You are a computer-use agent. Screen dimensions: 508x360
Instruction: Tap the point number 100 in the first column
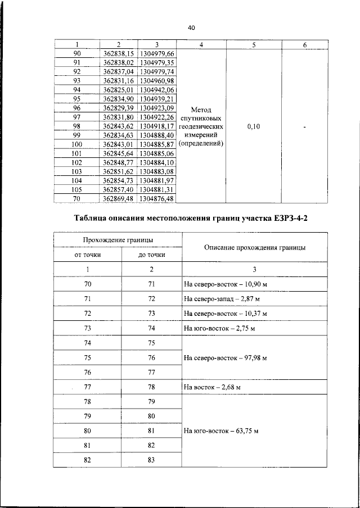point(77,144)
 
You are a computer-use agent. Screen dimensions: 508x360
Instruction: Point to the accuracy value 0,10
point(254,128)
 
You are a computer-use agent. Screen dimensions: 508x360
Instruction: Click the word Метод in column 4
point(201,110)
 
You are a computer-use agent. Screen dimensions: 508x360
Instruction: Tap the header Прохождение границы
point(118,241)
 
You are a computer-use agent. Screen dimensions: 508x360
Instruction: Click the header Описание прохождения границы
point(255,247)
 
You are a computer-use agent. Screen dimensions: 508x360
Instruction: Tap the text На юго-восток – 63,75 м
point(221,431)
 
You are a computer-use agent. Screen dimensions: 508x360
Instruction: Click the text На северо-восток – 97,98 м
point(225,357)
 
